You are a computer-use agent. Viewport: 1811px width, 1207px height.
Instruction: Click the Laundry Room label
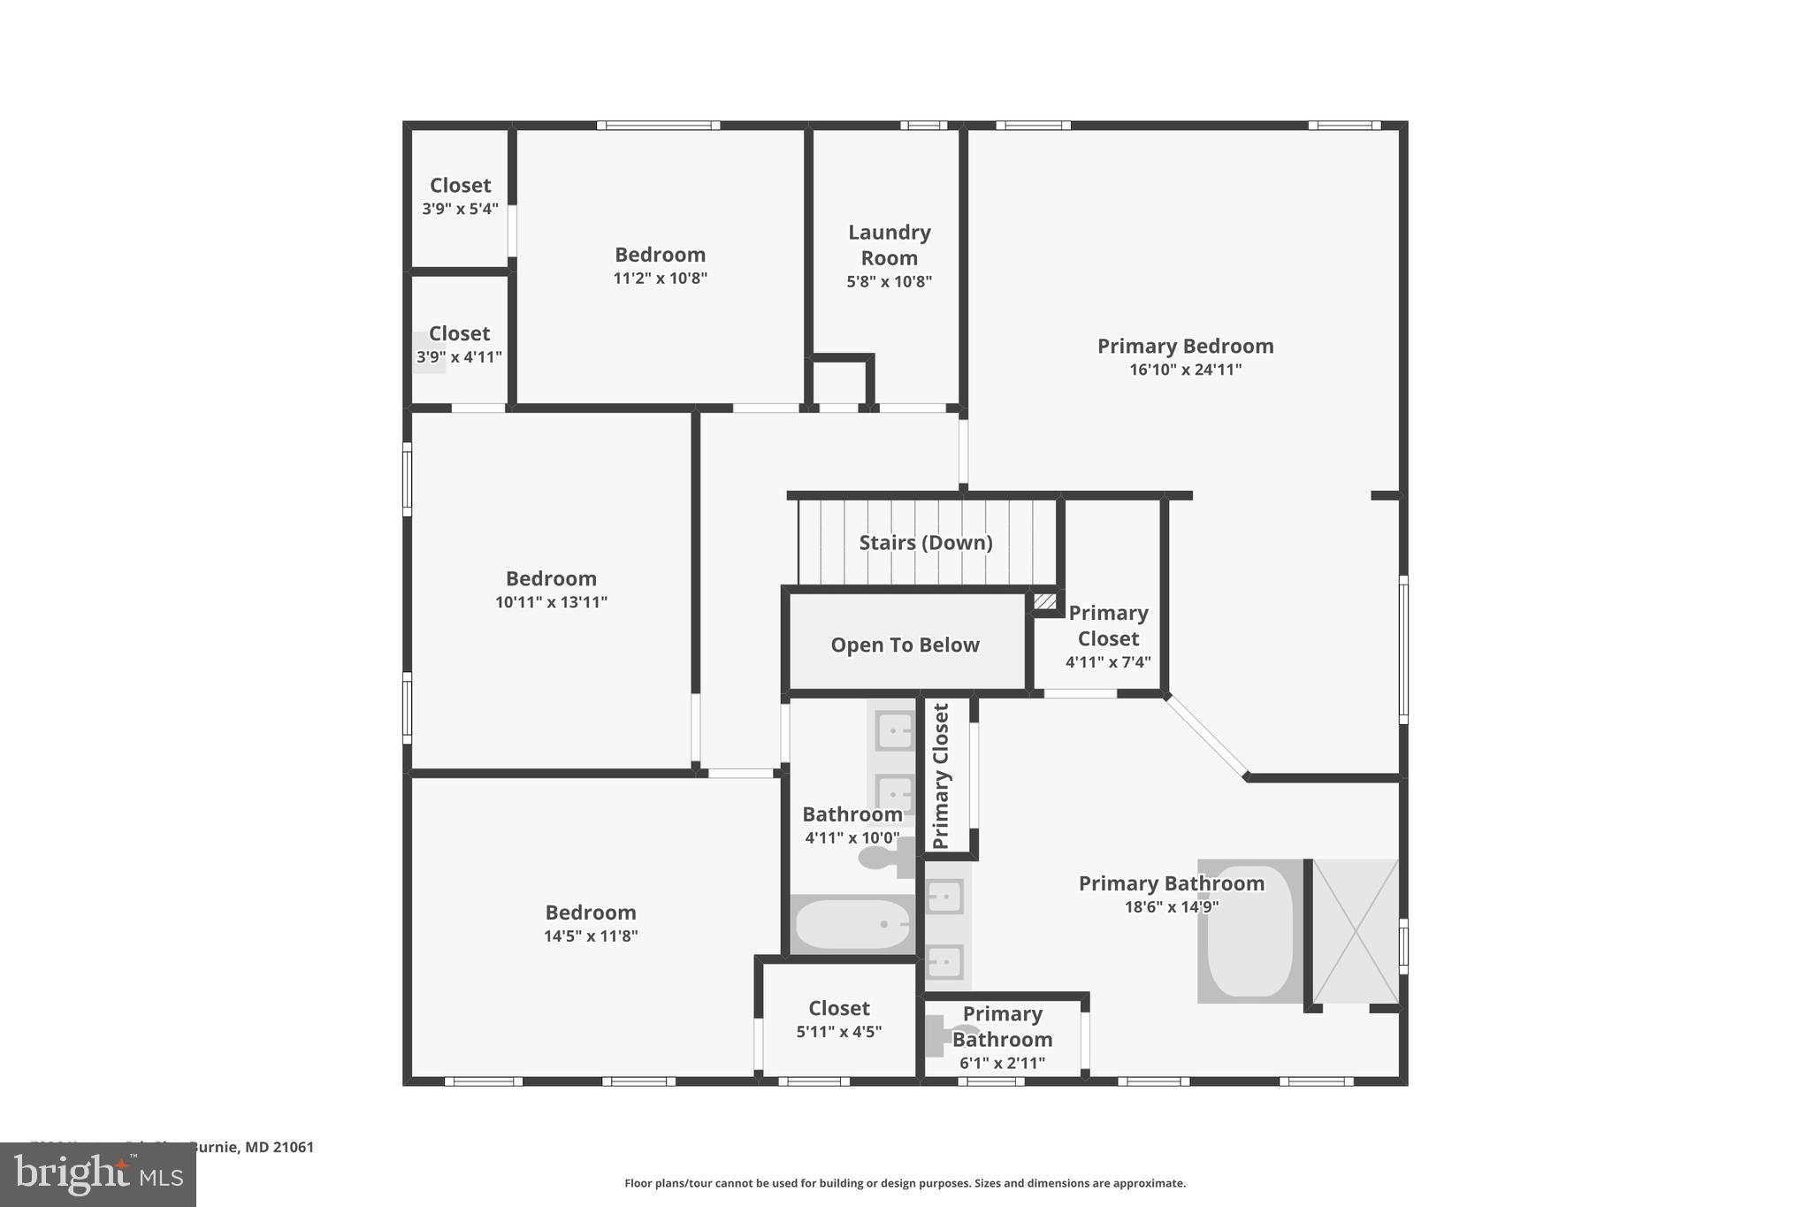tap(889, 245)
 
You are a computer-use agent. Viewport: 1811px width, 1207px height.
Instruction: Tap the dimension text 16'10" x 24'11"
tap(1185, 370)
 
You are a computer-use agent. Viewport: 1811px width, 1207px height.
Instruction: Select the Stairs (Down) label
tap(925, 542)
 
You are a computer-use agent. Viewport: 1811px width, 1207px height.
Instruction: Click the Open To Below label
tap(905, 645)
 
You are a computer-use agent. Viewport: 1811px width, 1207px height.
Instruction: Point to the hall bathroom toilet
tap(884, 857)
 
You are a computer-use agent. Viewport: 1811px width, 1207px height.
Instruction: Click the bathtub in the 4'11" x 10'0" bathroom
tap(852, 924)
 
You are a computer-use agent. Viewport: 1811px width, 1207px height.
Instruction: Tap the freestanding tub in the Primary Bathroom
tap(1249, 931)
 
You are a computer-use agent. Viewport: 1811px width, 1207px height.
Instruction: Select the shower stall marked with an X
tap(1355, 931)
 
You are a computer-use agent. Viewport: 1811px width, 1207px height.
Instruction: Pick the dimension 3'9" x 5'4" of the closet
tap(460, 210)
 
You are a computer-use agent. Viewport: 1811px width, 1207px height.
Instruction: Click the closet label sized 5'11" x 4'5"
tap(838, 1008)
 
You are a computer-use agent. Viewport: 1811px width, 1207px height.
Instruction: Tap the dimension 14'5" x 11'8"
tap(590, 936)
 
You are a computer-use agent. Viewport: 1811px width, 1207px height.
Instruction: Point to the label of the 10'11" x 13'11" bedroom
tap(551, 578)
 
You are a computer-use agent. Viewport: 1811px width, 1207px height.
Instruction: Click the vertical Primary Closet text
tap(941, 775)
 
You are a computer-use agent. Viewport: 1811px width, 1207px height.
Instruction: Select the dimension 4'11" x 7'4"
tap(1108, 662)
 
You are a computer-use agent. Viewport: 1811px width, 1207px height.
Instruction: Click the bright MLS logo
tap(98, 1175)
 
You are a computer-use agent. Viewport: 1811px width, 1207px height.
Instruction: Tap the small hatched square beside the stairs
tap(1044, 601)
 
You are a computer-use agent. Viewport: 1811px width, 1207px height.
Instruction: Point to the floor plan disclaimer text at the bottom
tap(905, 1183)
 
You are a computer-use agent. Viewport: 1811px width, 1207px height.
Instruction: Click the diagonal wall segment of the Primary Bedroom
tap(1206, 736)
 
